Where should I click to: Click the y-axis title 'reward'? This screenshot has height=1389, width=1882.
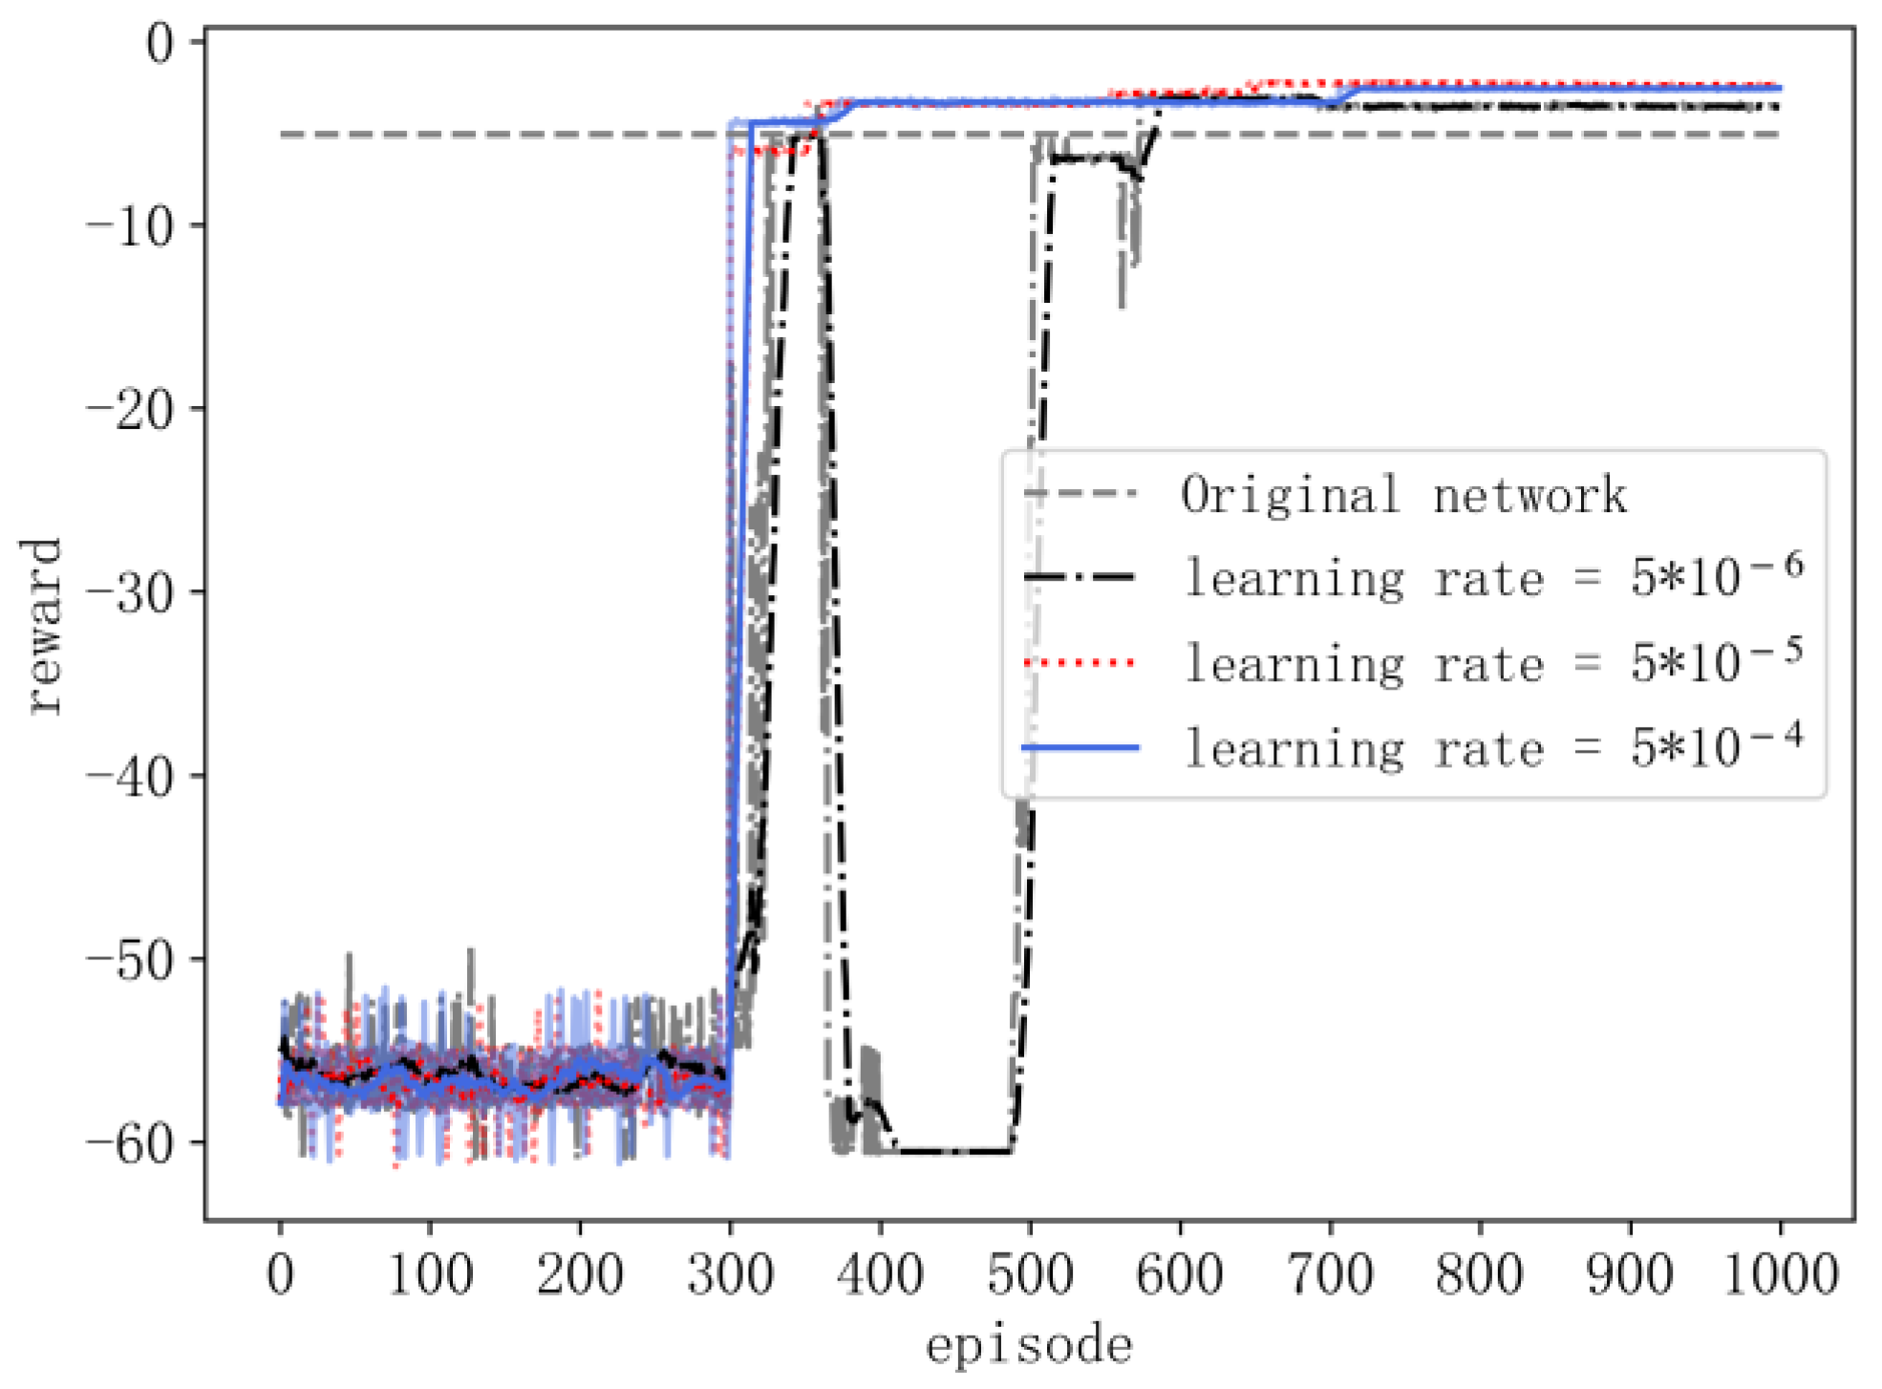click(x=42, y=626)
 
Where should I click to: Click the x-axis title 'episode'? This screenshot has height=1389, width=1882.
click(x=1029, y=1346)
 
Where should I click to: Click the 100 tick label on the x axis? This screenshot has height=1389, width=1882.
click(x=430, y=1274)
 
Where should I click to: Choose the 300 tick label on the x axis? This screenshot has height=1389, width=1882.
click(x=730, y=1274)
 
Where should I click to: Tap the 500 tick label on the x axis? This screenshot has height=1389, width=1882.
click(x=1030, y=1274)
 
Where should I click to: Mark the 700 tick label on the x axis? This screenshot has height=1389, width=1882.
click(x=1330, y=1274)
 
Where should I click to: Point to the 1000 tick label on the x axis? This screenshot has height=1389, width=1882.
click(x=1780, y=1274)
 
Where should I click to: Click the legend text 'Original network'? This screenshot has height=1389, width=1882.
click(x=1403, y=495)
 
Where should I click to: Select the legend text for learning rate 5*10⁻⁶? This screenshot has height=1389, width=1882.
click(x=1493, y=577)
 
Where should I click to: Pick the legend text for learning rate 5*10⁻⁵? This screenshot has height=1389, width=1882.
click(x=1493, y=662)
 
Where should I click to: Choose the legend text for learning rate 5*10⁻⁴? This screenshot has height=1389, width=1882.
click(x=1493, y=747)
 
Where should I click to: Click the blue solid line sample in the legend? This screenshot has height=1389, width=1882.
click(x=1080, y=747)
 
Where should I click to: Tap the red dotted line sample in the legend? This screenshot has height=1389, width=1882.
click(x=1080, y=662)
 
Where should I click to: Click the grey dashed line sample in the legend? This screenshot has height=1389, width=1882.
click(x=1080, y=494)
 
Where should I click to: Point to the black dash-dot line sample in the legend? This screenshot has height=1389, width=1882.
click(x=1080, y=577)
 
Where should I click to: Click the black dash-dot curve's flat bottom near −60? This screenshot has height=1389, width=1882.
click(x=955, y=1151)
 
